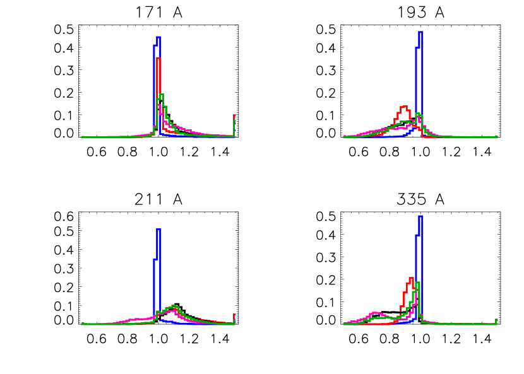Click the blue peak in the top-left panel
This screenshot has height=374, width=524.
pyautogui.click(x=158, y=37)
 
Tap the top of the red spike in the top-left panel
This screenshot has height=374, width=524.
pyautogui.click(x=158, y=59)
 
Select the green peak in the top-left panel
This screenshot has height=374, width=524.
pyautogui.click(x=162, y=95)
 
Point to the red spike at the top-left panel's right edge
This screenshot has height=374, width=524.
pyautogui.click(x=234, y=116)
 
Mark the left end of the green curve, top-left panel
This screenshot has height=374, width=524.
pyautogui.click(x=83, y=136)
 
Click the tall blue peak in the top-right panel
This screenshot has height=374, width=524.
pyautogui.click(x=420, y=32)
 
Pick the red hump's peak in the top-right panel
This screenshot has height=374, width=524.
pyautogui.click(x=403, y=107)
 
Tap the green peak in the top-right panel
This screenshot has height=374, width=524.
pyautogui.click(x=417, y=114)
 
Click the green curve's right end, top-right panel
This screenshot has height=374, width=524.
pyautogui.click(x=496, y=136)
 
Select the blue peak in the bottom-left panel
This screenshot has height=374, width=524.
pyautogui.click(x=158, y=229)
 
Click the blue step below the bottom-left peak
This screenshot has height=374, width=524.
pyautogui.click(x=155, y=260)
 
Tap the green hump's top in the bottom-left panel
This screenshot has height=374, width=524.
pyautogui.click(x=174, y=305)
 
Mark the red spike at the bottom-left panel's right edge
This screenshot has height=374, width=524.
pyautogui.click(x=234, y=315)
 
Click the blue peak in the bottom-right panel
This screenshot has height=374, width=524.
pyautogui.click(x=420, y=216)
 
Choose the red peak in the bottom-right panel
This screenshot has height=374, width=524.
pyautogui.click(x=411, y=278)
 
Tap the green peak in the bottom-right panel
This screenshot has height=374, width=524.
pyautogui.click(x=417, y=282)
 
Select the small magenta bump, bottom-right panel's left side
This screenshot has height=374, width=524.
pyautogui.click(x=376, y=313)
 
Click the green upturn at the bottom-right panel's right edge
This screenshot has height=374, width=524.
pyautogui.click(x=496, y=320)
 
